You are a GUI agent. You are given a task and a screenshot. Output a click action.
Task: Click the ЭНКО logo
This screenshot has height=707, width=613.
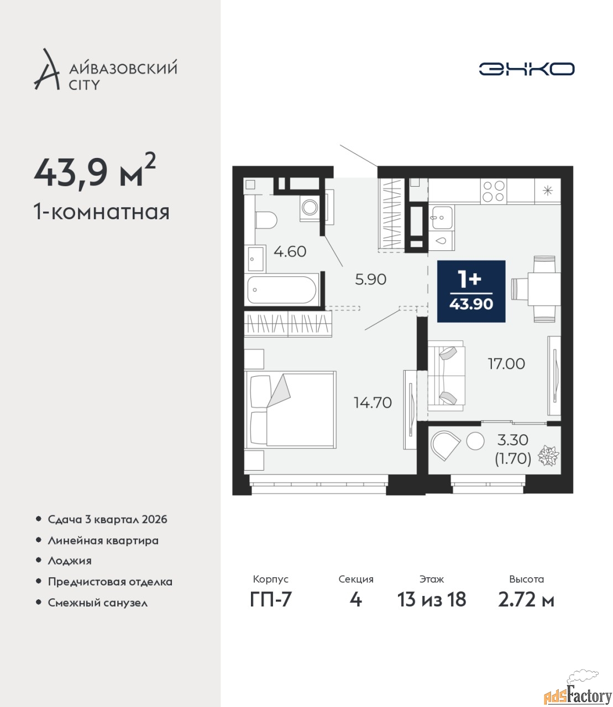[526, 68]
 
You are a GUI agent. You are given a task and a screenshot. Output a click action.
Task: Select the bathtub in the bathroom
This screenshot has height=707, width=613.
[282, 290]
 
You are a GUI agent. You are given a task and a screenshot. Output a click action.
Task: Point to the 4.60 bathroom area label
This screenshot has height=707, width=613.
[290, 252]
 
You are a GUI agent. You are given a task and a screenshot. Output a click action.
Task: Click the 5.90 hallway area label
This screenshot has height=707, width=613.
[371, 279]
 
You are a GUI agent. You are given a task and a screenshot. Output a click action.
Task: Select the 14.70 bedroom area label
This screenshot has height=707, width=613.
[373, 403]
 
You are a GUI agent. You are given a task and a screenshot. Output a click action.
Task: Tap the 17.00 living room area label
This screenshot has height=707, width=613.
[506, 363]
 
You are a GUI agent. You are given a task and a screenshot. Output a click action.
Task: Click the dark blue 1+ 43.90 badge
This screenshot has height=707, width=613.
[471, 292]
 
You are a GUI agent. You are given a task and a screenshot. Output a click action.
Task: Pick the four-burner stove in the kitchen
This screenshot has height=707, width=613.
[494, 191]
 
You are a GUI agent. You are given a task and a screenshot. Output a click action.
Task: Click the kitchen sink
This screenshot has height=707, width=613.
[442, 218]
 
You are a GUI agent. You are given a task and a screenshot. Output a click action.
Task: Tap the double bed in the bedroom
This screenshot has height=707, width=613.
[290, 410]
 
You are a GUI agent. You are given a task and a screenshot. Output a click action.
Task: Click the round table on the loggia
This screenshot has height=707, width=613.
[475, 441]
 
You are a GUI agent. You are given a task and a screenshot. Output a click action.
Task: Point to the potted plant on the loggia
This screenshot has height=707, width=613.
[549, 456]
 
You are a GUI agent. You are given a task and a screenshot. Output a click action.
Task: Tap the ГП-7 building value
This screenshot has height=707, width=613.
[271, 599]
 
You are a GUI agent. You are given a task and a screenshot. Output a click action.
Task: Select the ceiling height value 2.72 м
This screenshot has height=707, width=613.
[526, 599]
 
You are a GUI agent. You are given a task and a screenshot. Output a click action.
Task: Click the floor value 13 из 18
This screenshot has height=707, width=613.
[432, 599]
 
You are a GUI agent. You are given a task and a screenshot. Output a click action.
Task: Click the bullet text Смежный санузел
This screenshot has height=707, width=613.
[97, 603]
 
